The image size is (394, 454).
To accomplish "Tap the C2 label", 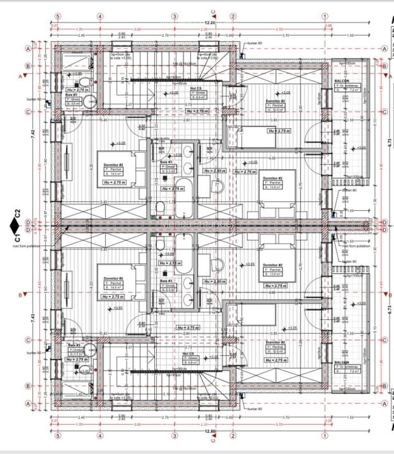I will point(17,214).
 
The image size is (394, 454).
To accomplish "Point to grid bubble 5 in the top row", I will point(58,17).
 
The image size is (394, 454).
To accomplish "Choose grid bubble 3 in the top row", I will point(175,17).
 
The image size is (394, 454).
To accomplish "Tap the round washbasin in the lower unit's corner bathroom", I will point(90,350).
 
